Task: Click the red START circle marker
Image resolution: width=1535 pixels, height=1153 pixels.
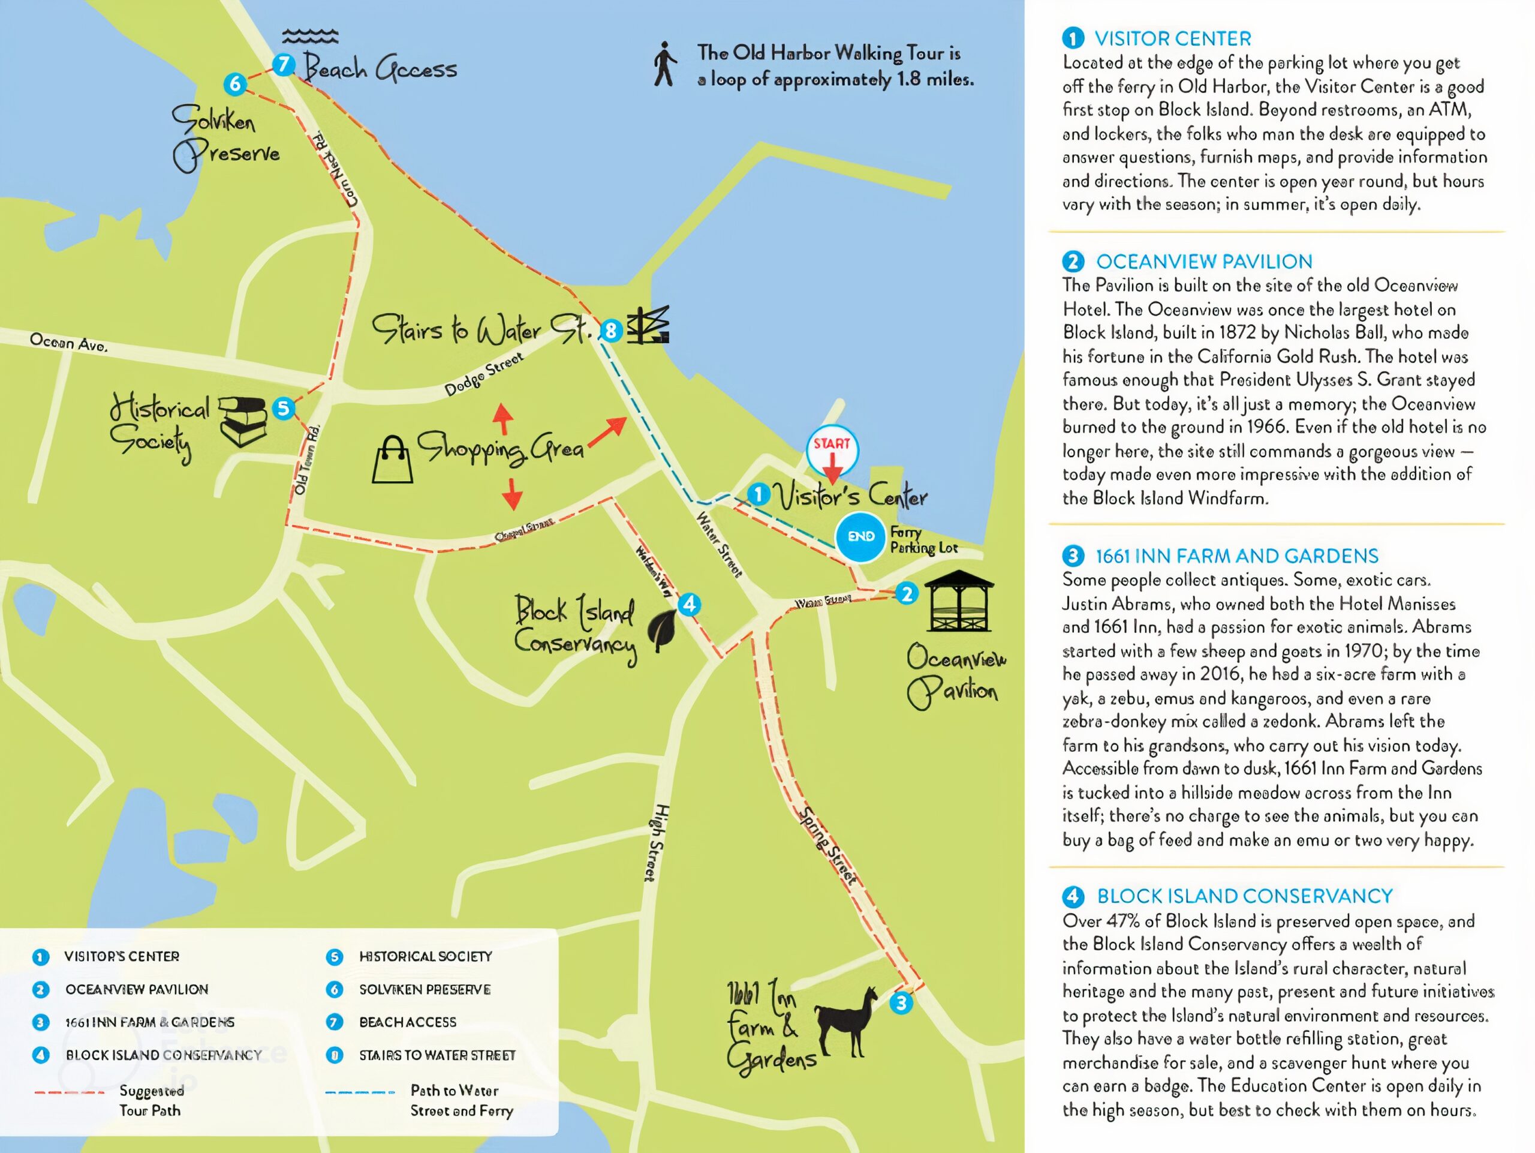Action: click(832, 449)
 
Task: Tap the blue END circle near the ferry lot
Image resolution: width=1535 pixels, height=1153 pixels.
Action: click(860, 536)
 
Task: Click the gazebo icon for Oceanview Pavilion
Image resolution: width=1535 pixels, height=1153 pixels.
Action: click(958, 601)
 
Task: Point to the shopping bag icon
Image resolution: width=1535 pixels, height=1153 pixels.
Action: click(392, 460)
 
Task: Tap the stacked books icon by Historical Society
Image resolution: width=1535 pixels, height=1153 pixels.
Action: click(243, 421)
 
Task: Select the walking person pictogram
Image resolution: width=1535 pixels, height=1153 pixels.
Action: click(664, 64)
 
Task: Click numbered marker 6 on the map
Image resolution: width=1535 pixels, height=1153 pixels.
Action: click(235, 84)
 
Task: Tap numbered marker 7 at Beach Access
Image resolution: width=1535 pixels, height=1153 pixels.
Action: click(283, 65)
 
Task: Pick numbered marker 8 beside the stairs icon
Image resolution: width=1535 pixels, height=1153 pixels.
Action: click(610, 331)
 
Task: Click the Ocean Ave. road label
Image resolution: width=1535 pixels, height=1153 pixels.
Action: click(68, 342)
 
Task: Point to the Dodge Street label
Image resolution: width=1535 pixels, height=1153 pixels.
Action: click(484, 375)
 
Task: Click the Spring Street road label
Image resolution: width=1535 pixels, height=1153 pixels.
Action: click(827, 845)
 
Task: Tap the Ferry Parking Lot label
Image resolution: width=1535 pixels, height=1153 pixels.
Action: click(923, 540)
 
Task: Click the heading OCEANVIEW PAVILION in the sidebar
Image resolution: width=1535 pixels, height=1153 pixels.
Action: click(1204, 262)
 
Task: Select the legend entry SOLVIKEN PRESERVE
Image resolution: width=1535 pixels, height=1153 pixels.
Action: click(425, 989)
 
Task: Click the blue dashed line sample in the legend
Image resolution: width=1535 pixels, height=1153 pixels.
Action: click(359, 1092)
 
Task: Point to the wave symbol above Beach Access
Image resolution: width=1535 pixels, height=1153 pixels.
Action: click(310, 36)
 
